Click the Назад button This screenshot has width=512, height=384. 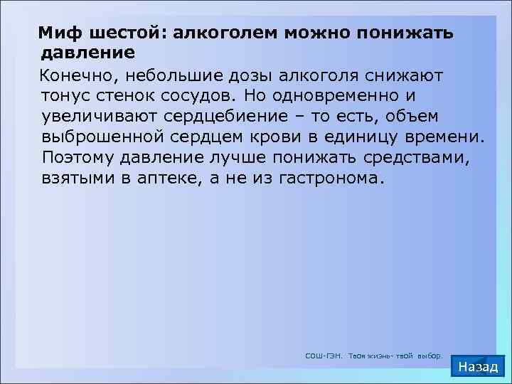[479, 366]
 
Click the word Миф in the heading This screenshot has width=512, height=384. [59, 33]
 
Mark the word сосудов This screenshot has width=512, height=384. [195, 95]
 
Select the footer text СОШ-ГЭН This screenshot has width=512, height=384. [324, 355]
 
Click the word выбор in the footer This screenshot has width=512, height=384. [429, 355]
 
